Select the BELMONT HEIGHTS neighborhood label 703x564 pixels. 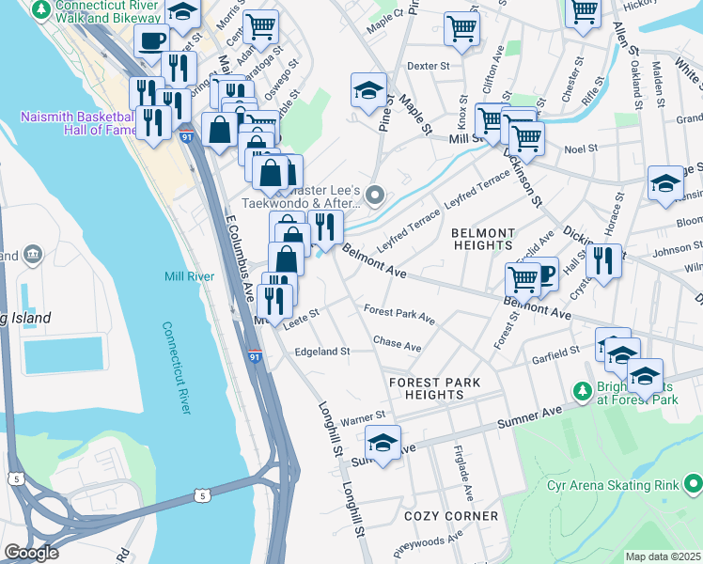tap(483, 240)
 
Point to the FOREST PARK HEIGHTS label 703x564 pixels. tap(434, 388)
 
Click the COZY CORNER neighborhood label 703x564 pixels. tap(451, 516)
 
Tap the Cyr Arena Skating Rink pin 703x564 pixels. tap(694, 485)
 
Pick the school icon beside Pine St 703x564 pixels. tap(369, 92)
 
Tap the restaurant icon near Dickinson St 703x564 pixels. tap(607, 260)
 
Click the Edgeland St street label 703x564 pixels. tap(322, 352)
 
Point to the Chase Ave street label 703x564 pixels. tap(397, 345)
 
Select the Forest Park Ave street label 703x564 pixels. tap(399, 314)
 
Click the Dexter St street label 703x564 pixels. tap(429, 67)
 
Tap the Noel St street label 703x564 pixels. tap(581, 149)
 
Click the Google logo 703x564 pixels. tap(31, 553)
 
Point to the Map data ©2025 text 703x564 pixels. tap(663, 556)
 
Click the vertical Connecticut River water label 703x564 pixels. tap(178, 368)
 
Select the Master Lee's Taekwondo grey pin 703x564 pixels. tap(375, 196)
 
